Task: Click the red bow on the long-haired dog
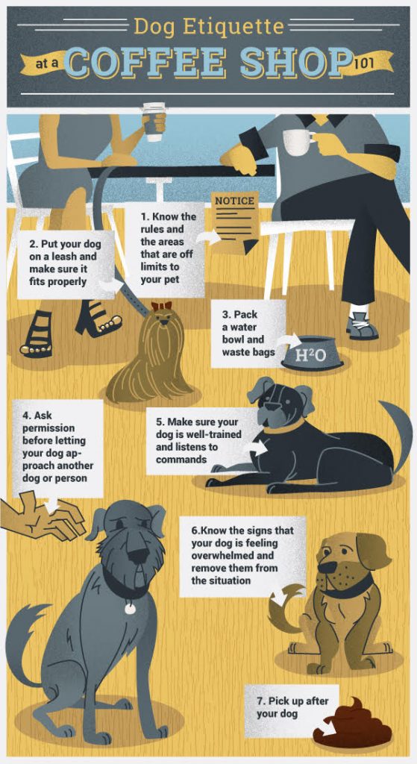click(161, 306)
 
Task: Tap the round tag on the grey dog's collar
click(130, 608)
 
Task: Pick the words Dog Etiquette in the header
click(209, 28)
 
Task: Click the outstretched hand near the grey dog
click(45, 518)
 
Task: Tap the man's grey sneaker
click(362, 327)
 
